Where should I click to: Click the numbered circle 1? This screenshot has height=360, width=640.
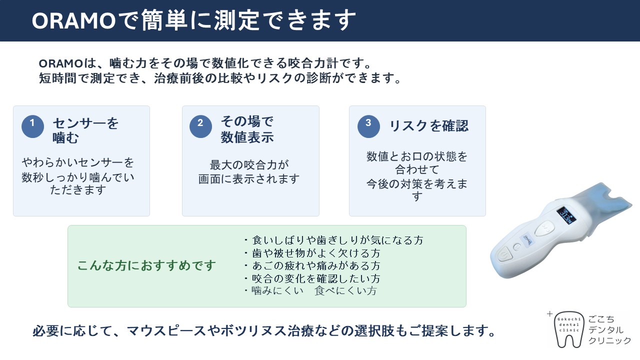pyautogui.click(x=32, y=126)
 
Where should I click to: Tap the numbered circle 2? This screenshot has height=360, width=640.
pyautogui.click(x=200, y=126)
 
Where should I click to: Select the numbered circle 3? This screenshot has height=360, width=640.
pyautogui.click(x=368, y=126)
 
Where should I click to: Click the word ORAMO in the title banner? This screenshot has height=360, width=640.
pyautogui.click(x=73, y=21)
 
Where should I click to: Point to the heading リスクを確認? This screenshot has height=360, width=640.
pyautogui.click(x=429, y=125)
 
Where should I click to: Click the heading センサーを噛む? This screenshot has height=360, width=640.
pyautogui.click(x=85, y=130)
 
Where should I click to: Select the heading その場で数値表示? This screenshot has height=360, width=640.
pyautogui.click(x=247, y=129)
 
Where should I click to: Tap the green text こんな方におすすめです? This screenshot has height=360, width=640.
pyautogui.click(x=146, y=265)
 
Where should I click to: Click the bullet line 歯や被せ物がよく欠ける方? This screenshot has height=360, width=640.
pyautogui.click(x=312, y=253)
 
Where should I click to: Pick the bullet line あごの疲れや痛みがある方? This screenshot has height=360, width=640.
pyautogui.click(x=312, y=265)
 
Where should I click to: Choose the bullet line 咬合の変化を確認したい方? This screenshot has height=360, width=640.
pyautogui.click(x=312, y=278)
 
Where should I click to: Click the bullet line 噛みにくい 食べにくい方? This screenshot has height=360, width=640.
pyautogui.click(x=310, y=291)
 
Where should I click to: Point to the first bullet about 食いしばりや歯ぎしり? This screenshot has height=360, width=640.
pyautogui.click(x=333, y=240)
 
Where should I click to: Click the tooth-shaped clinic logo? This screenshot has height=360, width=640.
pyautogui.click(x=568, y=329)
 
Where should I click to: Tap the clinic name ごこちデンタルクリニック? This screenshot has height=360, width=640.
pyautogui.click(x=609, y=330)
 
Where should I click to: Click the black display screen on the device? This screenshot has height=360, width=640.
pyautogui.click(x=566, y=215)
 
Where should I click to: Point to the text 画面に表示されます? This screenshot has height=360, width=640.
pyautogui.click(x=249, y=179)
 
